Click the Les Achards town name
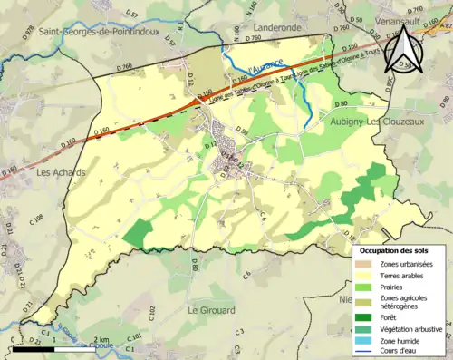pos(61,171)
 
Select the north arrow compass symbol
pos(403,50)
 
